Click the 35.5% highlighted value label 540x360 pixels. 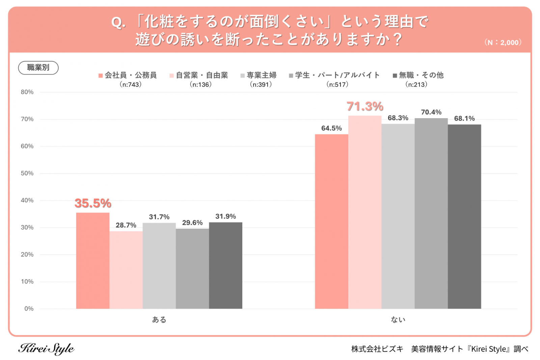[93, 203]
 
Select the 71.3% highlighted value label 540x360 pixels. [365, 106]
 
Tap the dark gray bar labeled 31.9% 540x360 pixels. [225, 265]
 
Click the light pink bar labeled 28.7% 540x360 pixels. [126, 270]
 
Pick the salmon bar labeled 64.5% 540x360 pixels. [331, 222]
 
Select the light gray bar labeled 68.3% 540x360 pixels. [398, 216]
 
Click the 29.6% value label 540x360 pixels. [192, 223]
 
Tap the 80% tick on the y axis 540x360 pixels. [27, 92]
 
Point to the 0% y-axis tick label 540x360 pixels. [29, 309]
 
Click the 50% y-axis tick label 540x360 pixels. [27, 173]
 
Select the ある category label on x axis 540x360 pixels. [159, 319]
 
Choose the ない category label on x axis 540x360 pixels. [398, 319]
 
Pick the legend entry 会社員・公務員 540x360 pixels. [131, 75]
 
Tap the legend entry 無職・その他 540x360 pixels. [421, 75]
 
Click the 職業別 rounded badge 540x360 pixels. [38, 68]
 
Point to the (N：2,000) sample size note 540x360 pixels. [503, 43]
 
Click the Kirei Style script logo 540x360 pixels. [46, 349]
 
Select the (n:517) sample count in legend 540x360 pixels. [337, 84]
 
